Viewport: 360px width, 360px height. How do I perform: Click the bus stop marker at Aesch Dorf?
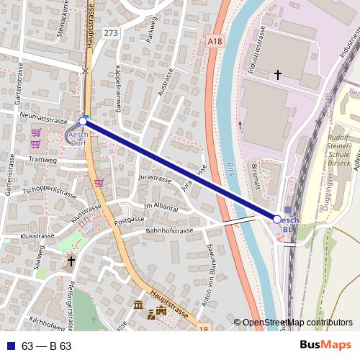click(x=83, y=122)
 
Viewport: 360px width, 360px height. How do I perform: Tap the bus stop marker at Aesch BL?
click(x=277, y=218)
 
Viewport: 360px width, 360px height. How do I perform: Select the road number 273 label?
click(x=110, y=33)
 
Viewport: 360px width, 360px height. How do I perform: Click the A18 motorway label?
click(x=214, y=42)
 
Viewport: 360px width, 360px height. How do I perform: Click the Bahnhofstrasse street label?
click(x=170, y=231)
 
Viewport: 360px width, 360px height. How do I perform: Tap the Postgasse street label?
click(x=130, y=219)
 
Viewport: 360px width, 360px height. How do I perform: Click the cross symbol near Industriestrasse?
click(x=279, y=74)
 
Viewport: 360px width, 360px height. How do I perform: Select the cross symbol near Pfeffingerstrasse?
click(x=71, y=261)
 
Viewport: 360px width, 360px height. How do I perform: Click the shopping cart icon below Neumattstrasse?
click(x=36, y=133)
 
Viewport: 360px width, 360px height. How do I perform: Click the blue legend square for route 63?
click(x=10, y=346)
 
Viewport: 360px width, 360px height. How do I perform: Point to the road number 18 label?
click(x=204, y=329)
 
